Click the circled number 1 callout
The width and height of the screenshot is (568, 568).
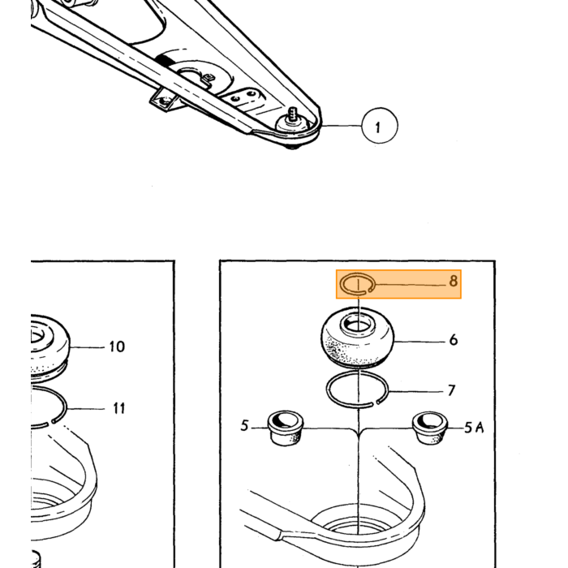click(380, 126)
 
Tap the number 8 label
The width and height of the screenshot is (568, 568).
click(453, 281)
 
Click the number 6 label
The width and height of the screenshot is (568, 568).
click(453, 340)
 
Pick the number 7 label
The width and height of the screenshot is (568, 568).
click(451, 390)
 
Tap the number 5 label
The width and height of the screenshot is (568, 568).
click(245, 425)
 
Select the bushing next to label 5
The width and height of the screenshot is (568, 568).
click(286, 428)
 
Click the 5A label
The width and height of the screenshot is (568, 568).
click(475, 428)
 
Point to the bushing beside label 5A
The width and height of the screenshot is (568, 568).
click(431, 428)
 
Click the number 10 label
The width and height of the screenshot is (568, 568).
click(117, 346)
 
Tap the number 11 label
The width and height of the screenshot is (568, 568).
click(118, 408)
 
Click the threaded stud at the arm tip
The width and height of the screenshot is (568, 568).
click(293, 115)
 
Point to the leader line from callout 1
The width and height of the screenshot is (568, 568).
click(341, 126)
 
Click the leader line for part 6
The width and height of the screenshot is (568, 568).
click(420, 342)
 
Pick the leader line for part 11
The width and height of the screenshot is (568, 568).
click(85, 409)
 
